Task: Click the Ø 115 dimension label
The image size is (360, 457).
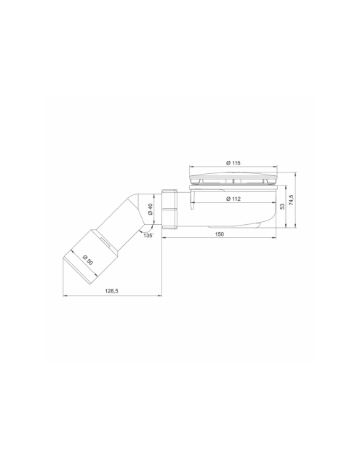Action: [x=233, y=163]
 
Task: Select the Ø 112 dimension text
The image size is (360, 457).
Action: [x=233, y=199]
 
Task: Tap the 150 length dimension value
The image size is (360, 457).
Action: [x=220, y=234]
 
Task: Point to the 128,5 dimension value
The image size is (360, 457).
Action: [x=111, y=291]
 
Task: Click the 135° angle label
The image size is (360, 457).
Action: [x=148, y=236]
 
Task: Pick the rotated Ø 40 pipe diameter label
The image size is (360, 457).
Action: [x=151, y=209]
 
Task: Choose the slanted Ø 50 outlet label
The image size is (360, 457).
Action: [x=88, y=260]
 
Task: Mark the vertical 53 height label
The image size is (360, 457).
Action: [x=282, y=207]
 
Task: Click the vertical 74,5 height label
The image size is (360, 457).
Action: [x=291, y=200]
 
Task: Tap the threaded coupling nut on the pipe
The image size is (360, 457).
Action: [x=169, y=209]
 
